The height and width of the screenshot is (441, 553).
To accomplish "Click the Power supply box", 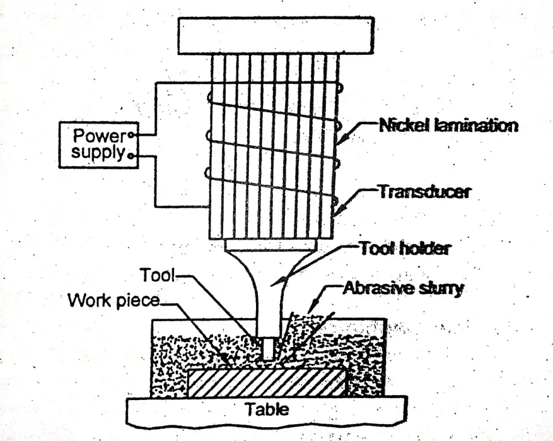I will (96, 144).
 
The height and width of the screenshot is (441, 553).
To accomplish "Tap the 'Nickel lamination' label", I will (448, 126).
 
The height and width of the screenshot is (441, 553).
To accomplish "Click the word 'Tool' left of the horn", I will (156, 275).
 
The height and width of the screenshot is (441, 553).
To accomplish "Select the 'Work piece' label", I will (114, 299).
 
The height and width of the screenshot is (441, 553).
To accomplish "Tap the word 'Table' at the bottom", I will (266, 410).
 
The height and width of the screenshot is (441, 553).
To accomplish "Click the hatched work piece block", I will (266, 382).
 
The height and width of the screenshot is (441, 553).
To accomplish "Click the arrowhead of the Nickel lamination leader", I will (339, 143).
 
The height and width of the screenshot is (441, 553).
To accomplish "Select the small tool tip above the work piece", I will (268, 349).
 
